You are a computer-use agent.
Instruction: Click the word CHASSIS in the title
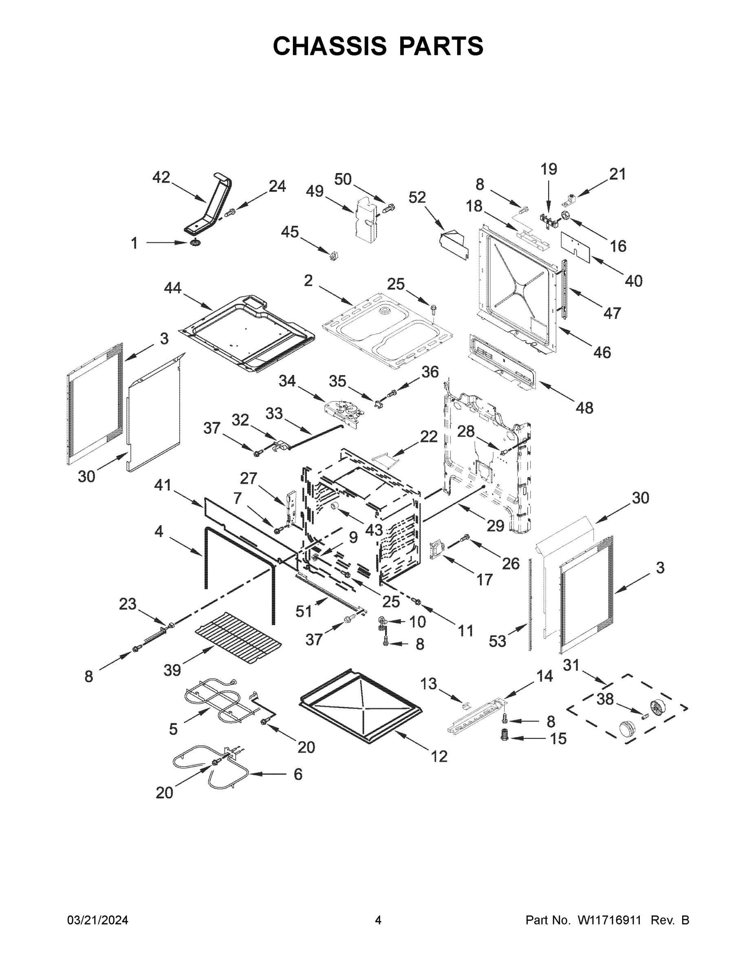tap(330, 46)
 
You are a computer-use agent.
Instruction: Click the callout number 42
tap(161, 178)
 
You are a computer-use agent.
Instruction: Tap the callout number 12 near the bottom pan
tap(439, 756)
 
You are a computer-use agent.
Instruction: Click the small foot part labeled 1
tap(194, 243)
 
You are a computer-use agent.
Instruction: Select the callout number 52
tap(417, 198)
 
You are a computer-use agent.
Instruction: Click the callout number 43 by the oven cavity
tap(374, 530)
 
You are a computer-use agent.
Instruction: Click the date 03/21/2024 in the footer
tap(98, 920)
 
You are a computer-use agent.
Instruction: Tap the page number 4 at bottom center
tap(378, 920)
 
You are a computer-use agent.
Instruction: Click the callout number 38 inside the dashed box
tap(605, 699)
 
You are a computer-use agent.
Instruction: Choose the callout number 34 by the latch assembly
tap(287, 381)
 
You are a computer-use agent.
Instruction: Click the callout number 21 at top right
tap(617, 174)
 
